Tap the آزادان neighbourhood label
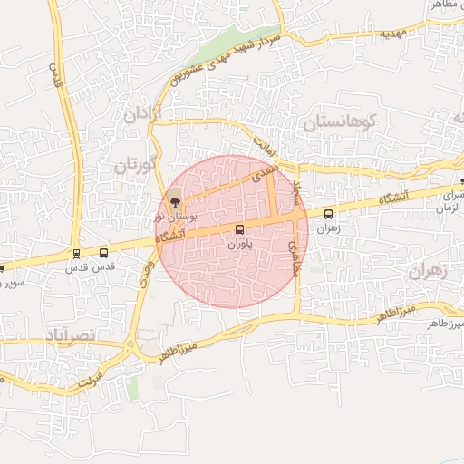pos(140,115)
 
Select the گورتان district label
pos(137,166)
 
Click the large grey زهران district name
pos(429,271)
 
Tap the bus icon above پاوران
pos(239,229)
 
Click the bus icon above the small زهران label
pos(328,215)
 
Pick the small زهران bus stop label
pos(328,229)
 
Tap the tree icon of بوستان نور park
pos(175,201)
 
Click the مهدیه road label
pos(391,34)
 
